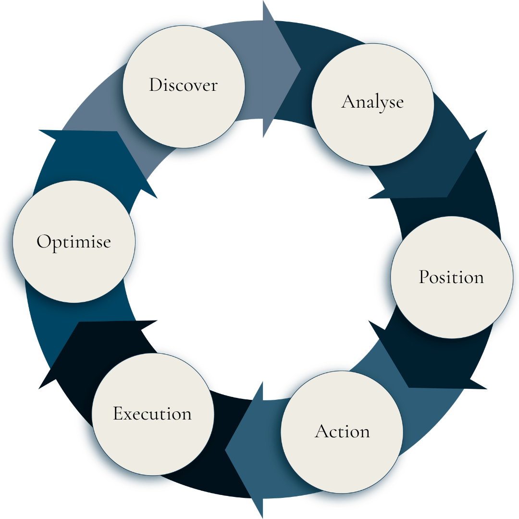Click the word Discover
pyautogui.click(x=183, y=85)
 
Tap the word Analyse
pyautogui.click(x=372, y=101)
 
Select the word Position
pyautogui.click(x=451, y=277)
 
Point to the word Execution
pyautogui.click(x=152, y=414)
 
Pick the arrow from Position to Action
pyautogui.click(x=432, y=365)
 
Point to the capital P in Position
pyautogui.click(x=424, y=277)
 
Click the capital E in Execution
pyautogui.click(x=118, y=414)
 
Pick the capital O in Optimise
pyautogui.click(x=44, y=241)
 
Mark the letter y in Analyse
pyautogui.click(x=382, y=103)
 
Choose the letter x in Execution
pyautogui.click(x=130, y=415)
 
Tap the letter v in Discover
pyautogui.click(x=193, y=86)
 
